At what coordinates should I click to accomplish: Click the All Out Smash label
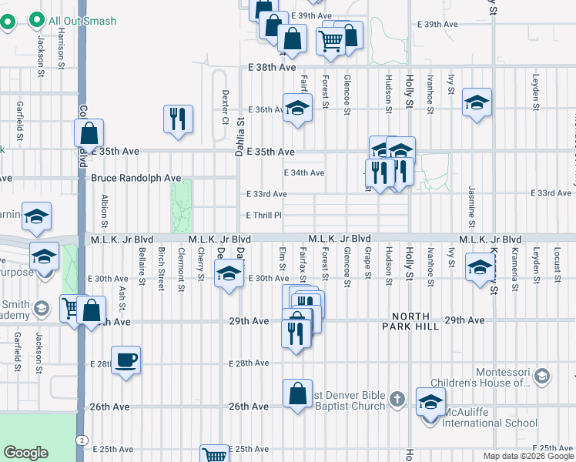(82, 21)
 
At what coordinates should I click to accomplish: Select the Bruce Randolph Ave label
(136, 178)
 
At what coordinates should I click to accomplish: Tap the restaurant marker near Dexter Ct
(178, 119)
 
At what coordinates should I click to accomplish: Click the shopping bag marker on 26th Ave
(297, 394)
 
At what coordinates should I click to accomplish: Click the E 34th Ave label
(304, 173)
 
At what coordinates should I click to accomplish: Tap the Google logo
(25, 453)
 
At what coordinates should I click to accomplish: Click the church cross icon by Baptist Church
(397, 399)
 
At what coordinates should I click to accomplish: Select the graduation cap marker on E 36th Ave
(296, 108)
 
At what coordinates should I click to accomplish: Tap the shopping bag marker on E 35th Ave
(89, 133)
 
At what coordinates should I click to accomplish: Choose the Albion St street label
(104, 208)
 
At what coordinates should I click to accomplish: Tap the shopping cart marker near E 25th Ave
(214, 454)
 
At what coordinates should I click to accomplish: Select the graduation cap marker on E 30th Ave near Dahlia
(229, 275)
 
